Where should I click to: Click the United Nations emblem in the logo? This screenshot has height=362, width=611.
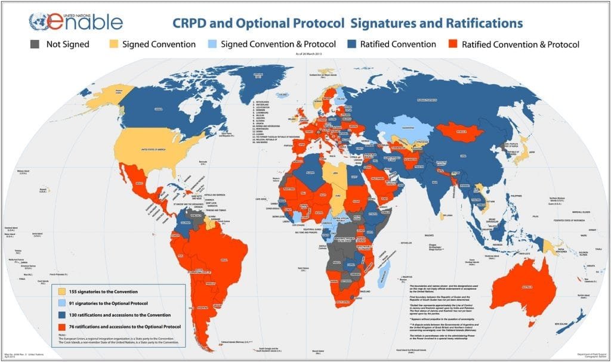coord(38,22)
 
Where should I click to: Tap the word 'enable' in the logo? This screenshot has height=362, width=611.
coord(90,23)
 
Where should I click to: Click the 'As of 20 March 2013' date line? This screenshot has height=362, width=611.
coord(304,54)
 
